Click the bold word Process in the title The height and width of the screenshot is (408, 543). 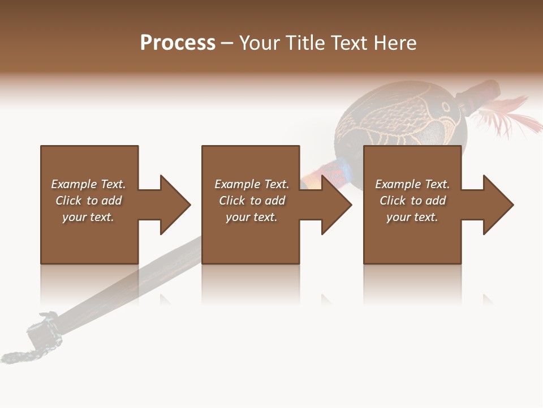click(x=178, y=43)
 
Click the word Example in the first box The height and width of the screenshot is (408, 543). click(x=74, y=184)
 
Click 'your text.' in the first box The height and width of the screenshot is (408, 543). click(x=88, y=217)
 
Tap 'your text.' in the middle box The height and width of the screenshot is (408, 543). click(x=252, y=217)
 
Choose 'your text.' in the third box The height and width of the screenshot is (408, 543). click(x=412, y=217)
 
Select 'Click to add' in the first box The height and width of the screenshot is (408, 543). click(x=88, y=201)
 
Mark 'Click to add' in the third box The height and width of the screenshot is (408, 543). click(x=412, y=201)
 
